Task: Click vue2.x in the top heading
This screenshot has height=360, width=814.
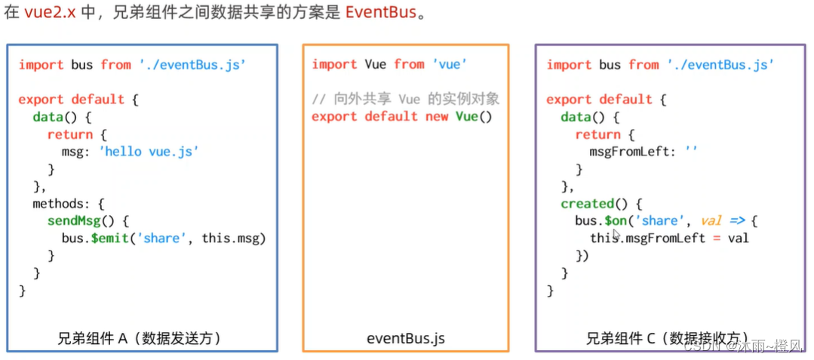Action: point(51,14)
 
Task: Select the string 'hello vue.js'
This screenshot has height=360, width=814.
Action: point(149,151)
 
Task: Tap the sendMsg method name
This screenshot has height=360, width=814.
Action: point(73,220)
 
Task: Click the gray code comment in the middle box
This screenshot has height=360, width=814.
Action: point(406,99)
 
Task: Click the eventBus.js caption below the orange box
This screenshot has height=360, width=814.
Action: point(406,338)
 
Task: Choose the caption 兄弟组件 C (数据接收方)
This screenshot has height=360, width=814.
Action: point(667,338)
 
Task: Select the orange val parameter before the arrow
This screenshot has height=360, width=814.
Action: point(711,220)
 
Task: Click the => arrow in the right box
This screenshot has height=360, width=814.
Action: point(737,220)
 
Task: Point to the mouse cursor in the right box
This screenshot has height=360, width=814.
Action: point(617,235)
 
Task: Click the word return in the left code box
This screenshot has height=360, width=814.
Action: point(69,134)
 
